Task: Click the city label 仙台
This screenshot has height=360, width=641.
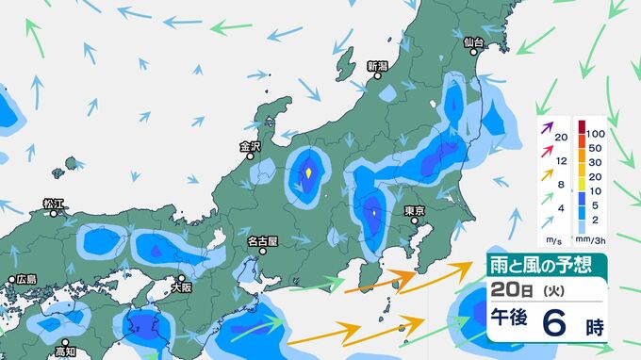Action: (x=473, y=43)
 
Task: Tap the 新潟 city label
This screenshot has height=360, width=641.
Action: (x=377, y=67)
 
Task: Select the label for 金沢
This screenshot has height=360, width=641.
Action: (x=250, y=146)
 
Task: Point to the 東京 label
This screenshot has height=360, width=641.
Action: (x=416, y=211)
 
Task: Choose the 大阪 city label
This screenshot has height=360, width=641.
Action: (x=184, y=279)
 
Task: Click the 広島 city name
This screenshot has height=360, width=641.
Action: (x=25, y=279)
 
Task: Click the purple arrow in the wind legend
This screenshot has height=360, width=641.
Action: (x=546, y=122)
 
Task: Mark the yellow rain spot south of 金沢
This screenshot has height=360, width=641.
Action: (x=308, y=173)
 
